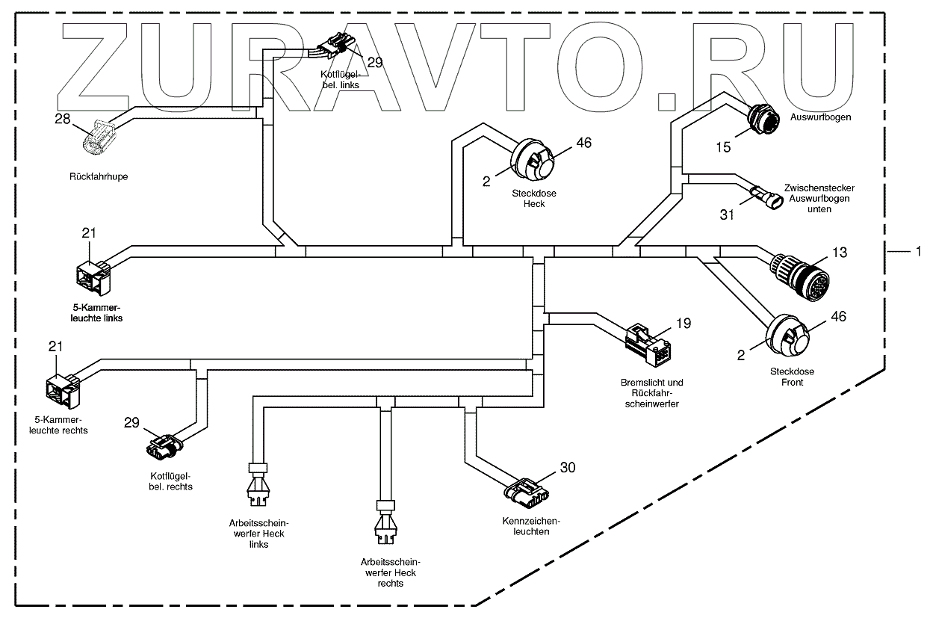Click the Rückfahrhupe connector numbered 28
(99, 139)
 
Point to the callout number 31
(727, 215)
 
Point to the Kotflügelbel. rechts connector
(163, 447)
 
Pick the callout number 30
(568, 468)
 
